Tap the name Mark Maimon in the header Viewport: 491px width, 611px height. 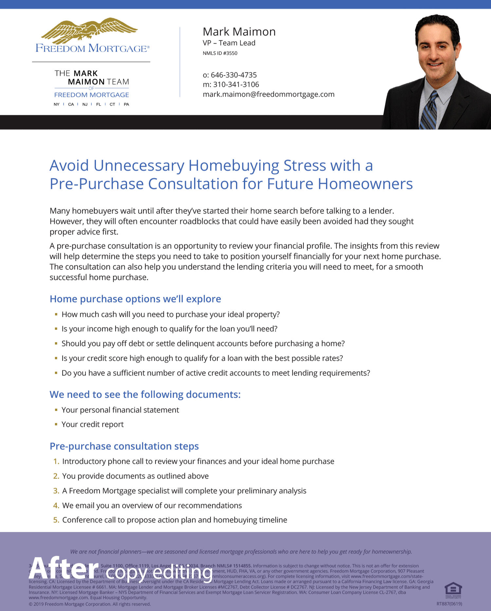[x=239, y=32]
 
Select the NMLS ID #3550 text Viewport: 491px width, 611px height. [x=220, y=53]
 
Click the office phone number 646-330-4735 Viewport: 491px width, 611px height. [x=233, y=75]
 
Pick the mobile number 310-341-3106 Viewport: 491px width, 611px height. [x=236, y=84]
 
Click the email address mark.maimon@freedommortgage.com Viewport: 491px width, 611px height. [x=268, y=94]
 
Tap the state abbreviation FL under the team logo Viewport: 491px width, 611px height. [x=99, y=104]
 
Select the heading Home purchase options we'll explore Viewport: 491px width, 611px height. [x=135, y=299]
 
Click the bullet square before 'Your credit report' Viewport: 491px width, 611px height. [x=56, y=424]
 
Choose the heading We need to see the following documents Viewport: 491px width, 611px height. [x=145, y=394]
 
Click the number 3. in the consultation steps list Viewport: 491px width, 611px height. [x=56, y=491]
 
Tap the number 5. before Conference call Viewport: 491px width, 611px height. [x=56, y=520]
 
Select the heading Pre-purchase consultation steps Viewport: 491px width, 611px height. [x=124, y=446]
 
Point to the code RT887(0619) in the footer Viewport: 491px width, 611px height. [x=449, y=604]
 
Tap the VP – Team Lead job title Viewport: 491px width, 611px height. [x=229, y=43]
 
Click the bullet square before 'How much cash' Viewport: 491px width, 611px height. [x=56, y=314]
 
